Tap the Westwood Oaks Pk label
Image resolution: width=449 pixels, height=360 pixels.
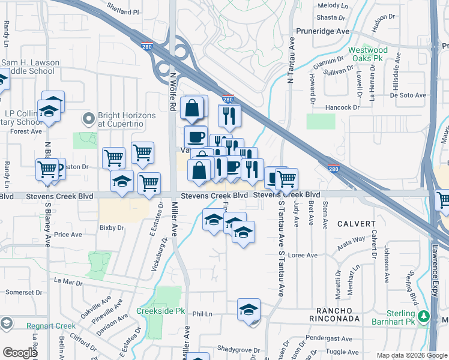tap(368, 55)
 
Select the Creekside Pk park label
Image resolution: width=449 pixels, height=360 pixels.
tap(160, 311)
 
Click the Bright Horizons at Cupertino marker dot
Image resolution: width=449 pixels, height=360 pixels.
tap(89, 119)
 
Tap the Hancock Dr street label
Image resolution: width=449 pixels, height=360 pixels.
tap(342, 107)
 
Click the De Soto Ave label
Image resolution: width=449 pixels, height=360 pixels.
tap(408, 95)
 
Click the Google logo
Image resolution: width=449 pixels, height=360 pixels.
tap(20, 353)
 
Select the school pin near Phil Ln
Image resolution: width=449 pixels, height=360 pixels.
tap(249, 310)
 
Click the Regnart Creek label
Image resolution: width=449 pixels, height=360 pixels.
tap(51, 326)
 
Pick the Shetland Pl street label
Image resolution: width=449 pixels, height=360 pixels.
tap(122, 11)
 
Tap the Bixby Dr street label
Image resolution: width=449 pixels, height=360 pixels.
tap(112, 228)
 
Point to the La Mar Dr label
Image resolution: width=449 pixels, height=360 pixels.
tap(67, 280)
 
